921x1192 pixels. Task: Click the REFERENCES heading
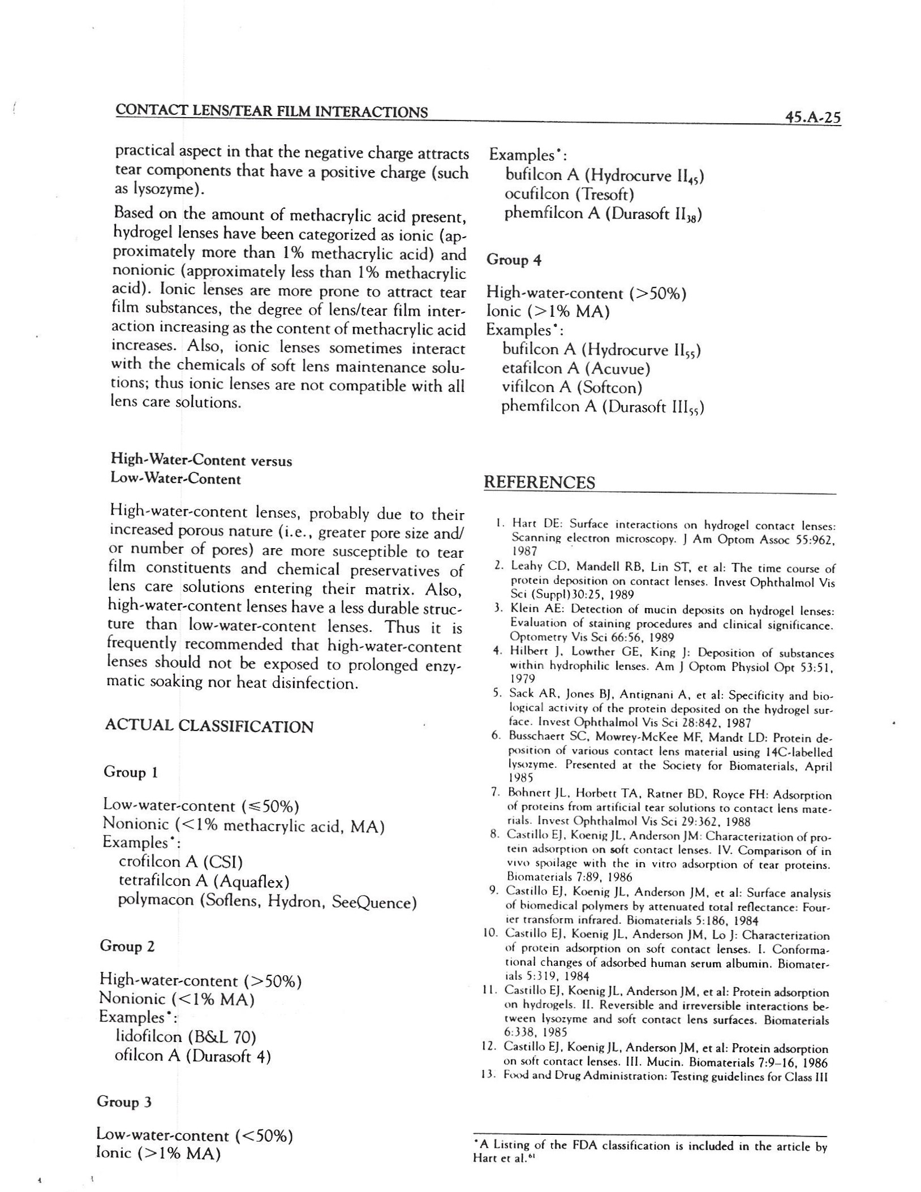pyautogui.click(x=540, y=483)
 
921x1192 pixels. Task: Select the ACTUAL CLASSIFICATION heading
pyautogui.click(x=209, y=726)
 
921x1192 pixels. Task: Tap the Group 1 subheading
pyautogui.click(x=130, y=772)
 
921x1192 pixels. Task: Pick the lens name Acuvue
pyautogui.click(x=617, y=369)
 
